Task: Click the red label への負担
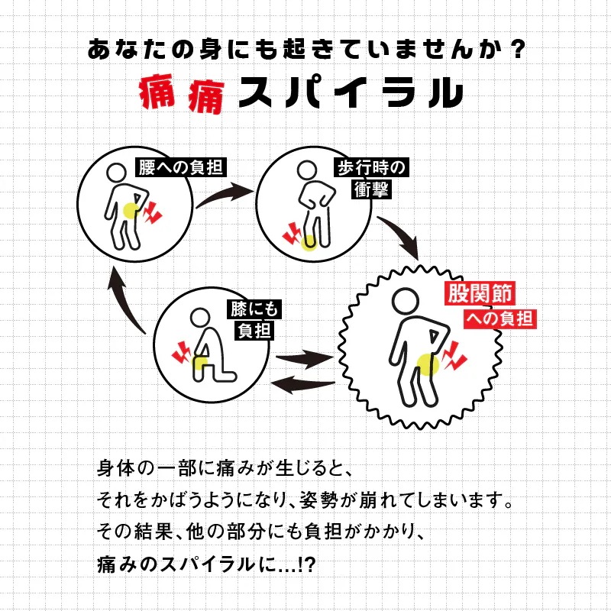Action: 499,318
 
